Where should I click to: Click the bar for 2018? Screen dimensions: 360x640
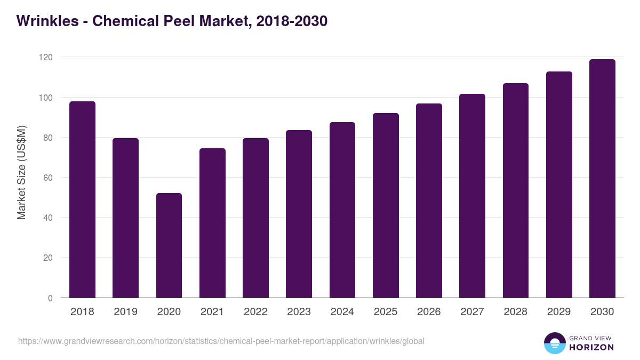coord(82,199)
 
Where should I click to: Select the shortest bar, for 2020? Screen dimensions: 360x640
coord(169,245)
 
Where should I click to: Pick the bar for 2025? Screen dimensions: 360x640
coord(386,205)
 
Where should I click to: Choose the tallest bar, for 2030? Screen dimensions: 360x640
coord(602,179)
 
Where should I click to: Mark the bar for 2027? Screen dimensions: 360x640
coord(473,196)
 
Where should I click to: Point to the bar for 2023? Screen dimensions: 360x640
coord(299,214)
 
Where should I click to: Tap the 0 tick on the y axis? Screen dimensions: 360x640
coord(50,298)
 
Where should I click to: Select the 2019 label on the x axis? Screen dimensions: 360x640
coord(125,312)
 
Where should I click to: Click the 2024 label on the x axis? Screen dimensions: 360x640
coord(342,312)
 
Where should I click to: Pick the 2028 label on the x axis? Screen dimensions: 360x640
coord(515,312)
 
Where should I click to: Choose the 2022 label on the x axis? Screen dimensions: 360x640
coord(255,312)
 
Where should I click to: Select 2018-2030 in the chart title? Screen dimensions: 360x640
coord(291,21)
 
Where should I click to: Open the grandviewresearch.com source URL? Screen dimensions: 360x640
coord(221,341)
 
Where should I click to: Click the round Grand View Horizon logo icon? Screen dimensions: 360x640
coord(555,343)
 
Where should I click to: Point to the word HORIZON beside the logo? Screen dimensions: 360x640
coord(591,347)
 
